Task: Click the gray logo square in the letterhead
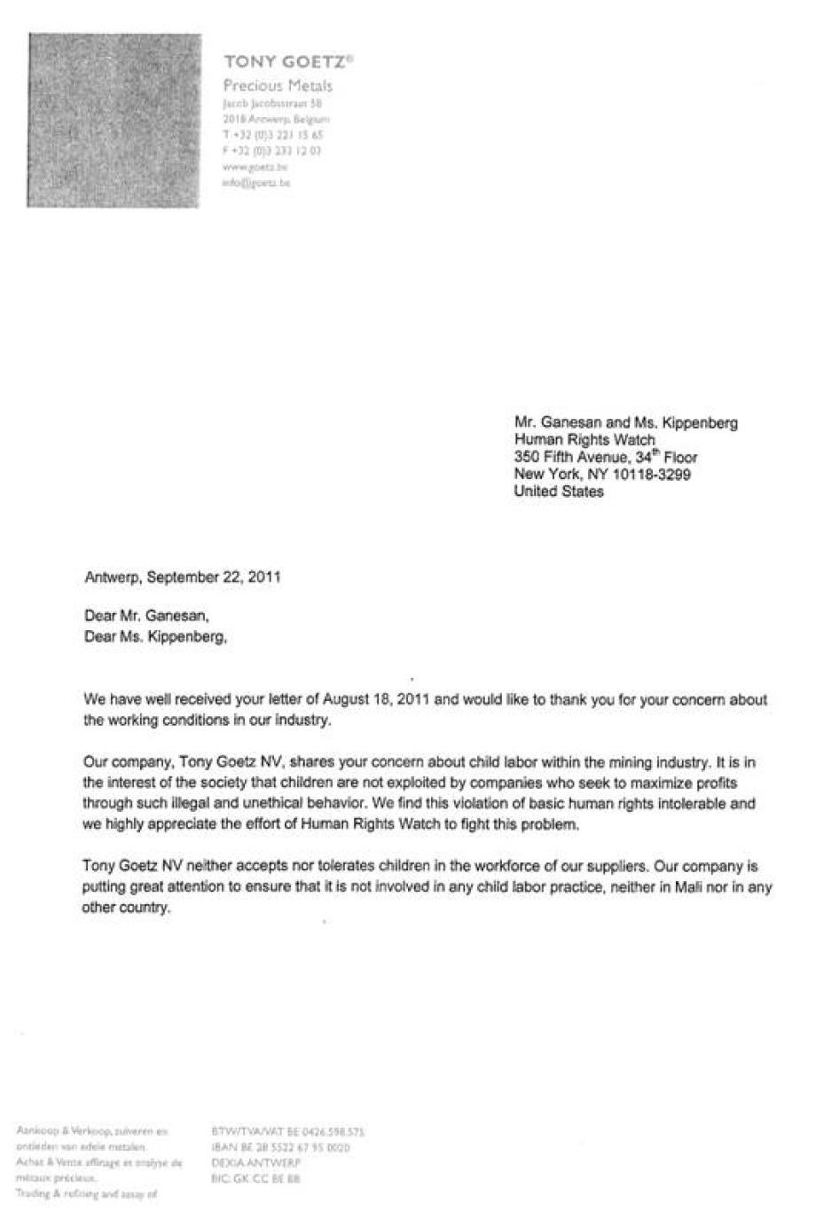tap(114, 121)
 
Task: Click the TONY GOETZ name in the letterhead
tap(288, 61)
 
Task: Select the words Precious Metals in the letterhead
tap(278, 86)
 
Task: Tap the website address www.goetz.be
tap(255, 167)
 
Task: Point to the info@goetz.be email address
tap(256, 183)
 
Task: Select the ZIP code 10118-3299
tap(652, 475)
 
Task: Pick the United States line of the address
tap(559, 492)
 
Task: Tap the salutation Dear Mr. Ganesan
tap(147, 615)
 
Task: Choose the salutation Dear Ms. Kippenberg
tap(155, 636)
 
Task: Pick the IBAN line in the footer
tap(280, 1147)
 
